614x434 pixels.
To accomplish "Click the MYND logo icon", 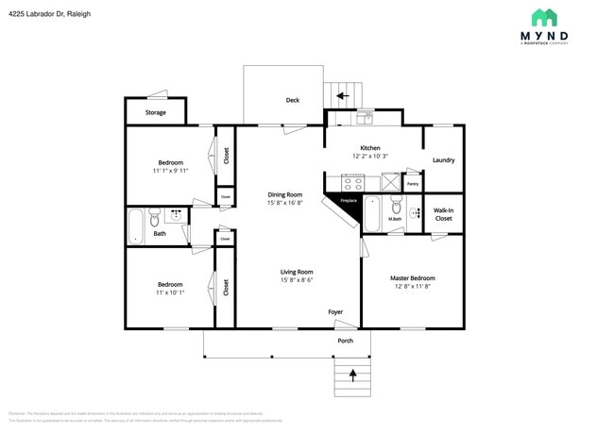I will [543, 17].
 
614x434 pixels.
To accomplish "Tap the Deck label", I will [293, 100].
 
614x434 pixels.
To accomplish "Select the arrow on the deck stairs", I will [342, 95].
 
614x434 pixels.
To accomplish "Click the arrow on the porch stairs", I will [353, 375].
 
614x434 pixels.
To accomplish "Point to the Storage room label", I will [156, 112].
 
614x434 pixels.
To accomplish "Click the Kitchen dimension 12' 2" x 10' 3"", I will [369, 157].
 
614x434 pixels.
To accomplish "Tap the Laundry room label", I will [443, 160].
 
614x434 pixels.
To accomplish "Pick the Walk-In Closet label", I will [443, 214].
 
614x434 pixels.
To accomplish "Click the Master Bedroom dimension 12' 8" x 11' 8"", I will [412, 288].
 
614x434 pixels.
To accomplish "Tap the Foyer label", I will [335, 311].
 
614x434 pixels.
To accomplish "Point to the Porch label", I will [346, 341].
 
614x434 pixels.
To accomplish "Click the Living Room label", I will [297, 272].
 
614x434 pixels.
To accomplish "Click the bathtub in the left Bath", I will [135, 226].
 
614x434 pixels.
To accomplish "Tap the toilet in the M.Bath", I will [397, 207].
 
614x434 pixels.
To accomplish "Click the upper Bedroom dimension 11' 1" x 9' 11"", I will [170, 171].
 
